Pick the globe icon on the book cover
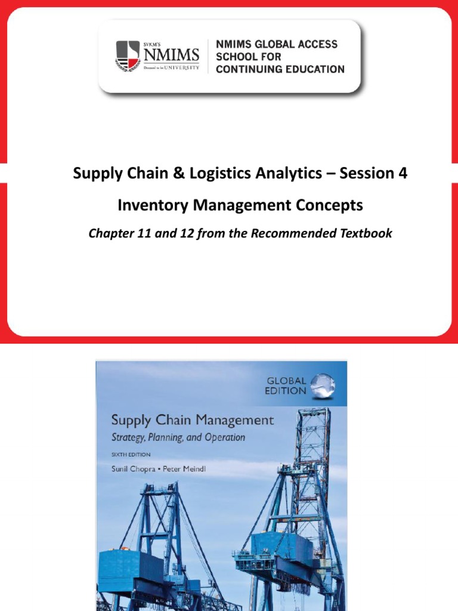[323, 386]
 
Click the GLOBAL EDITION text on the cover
[287, 385]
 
